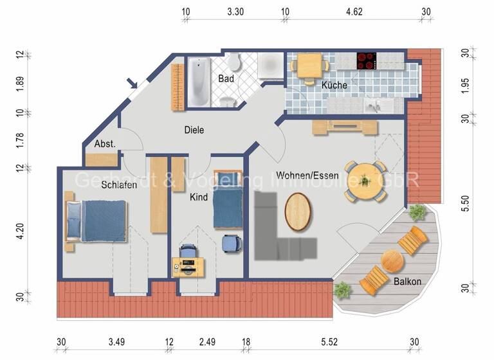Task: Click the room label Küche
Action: (334, 85)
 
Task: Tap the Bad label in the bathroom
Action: (225, 78)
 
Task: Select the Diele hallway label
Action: (194, 130)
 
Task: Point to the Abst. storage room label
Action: (105, 144)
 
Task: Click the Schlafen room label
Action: (119, 184)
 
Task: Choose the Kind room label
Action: (199, 197)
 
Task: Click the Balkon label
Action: (407, 281)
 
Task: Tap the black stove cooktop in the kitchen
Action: (366, 60)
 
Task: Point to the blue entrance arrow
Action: (133, 83)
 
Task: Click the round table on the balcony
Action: (392, 261)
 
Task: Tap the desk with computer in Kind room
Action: (188, 264)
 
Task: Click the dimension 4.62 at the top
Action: (355, 11)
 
